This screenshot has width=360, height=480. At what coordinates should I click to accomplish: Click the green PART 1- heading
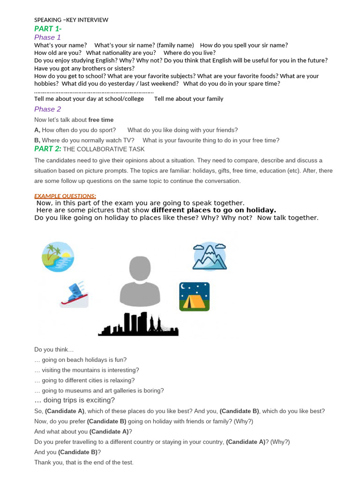pyautogui.click(x=47, y=29)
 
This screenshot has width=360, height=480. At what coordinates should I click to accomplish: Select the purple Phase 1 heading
pyautogui.click(x=47, y=37)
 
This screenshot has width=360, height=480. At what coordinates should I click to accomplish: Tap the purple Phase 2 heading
pyautogui.click(x=47, y=109)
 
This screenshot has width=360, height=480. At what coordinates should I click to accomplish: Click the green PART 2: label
pyautogui.click(x=48, y=149)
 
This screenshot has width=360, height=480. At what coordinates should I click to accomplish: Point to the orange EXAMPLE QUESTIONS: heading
pyautogui.click(x=65, y=196)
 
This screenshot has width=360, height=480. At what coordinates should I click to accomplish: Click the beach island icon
pyautogui.click(x=58, y=256)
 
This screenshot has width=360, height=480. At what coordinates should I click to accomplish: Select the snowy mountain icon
pyautogui.click(x=210, y=256)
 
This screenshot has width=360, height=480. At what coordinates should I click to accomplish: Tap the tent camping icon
pyautogui.click(x=194, y=297)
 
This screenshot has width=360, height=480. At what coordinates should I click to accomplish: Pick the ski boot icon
pyautogui.click(x=74, y=294)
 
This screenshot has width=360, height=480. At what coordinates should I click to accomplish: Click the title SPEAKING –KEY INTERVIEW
pyautogui.click(x=71, y=20)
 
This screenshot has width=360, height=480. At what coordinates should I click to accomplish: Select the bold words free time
pyautogui.click(x=101, y=120)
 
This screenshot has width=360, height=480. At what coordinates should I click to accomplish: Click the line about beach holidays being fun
pyautogui.click(x=80, y=360)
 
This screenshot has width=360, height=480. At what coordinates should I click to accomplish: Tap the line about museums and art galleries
pyautogui.click(x=99, y=390)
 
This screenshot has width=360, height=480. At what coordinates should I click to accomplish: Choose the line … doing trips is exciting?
pyautogui.click(x=75, y=400)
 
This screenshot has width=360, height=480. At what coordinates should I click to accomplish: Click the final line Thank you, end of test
pyautogui.click(x=84, y=462)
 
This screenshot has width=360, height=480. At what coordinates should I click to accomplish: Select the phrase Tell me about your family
pyautogui.click(x=188, y=99)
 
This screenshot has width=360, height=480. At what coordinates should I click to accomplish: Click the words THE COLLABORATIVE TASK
pyautogui.click(x=104, y=149)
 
